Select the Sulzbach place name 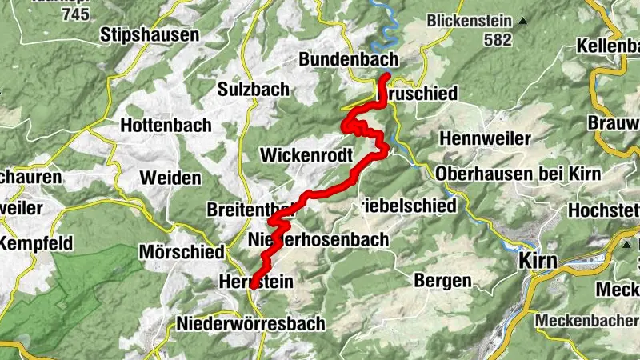254,90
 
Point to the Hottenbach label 166,125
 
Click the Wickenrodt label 307,154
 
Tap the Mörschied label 181,252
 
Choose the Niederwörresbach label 250,323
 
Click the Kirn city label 538,260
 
